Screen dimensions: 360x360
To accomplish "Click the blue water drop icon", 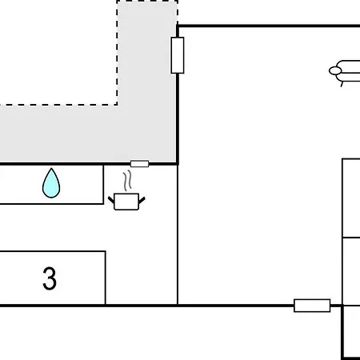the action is [x=51, y=184].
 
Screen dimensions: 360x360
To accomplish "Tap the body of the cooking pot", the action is [x=126, y=202].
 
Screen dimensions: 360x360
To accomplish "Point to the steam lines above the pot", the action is [x=127, y=181].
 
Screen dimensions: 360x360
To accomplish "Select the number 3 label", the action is [x=50, y=278].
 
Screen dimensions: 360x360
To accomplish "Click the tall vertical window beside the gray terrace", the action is [x=178, y=55].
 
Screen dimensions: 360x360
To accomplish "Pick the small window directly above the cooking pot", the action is [x=139, y=164].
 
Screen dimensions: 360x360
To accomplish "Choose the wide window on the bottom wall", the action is [x=312, y=306].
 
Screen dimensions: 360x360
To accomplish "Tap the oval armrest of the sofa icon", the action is [x=335, y=70].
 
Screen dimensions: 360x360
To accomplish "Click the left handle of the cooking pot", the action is [x=111, y=200].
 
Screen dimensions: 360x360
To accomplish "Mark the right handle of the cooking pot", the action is [x=142, y=200].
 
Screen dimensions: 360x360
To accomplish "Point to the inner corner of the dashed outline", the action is [x=118, y=105].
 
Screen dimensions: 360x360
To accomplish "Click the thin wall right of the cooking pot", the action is [x=178, y=234].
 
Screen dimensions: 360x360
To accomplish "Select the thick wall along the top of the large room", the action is [x=269, y=26].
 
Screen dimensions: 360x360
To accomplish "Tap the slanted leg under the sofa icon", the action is [x=342, y=84].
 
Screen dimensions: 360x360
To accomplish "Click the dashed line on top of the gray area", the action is [x=147, y=1].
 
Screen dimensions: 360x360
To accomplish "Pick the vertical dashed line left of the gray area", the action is [x=117, y=53].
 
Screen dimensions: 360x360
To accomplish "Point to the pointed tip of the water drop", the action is [x=51, y=168].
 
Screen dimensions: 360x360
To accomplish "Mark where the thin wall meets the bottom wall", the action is [x=178, y=306].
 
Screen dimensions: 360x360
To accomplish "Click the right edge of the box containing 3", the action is [x=106, y=278].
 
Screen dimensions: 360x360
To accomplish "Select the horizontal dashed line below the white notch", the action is [x=58, y=105].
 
